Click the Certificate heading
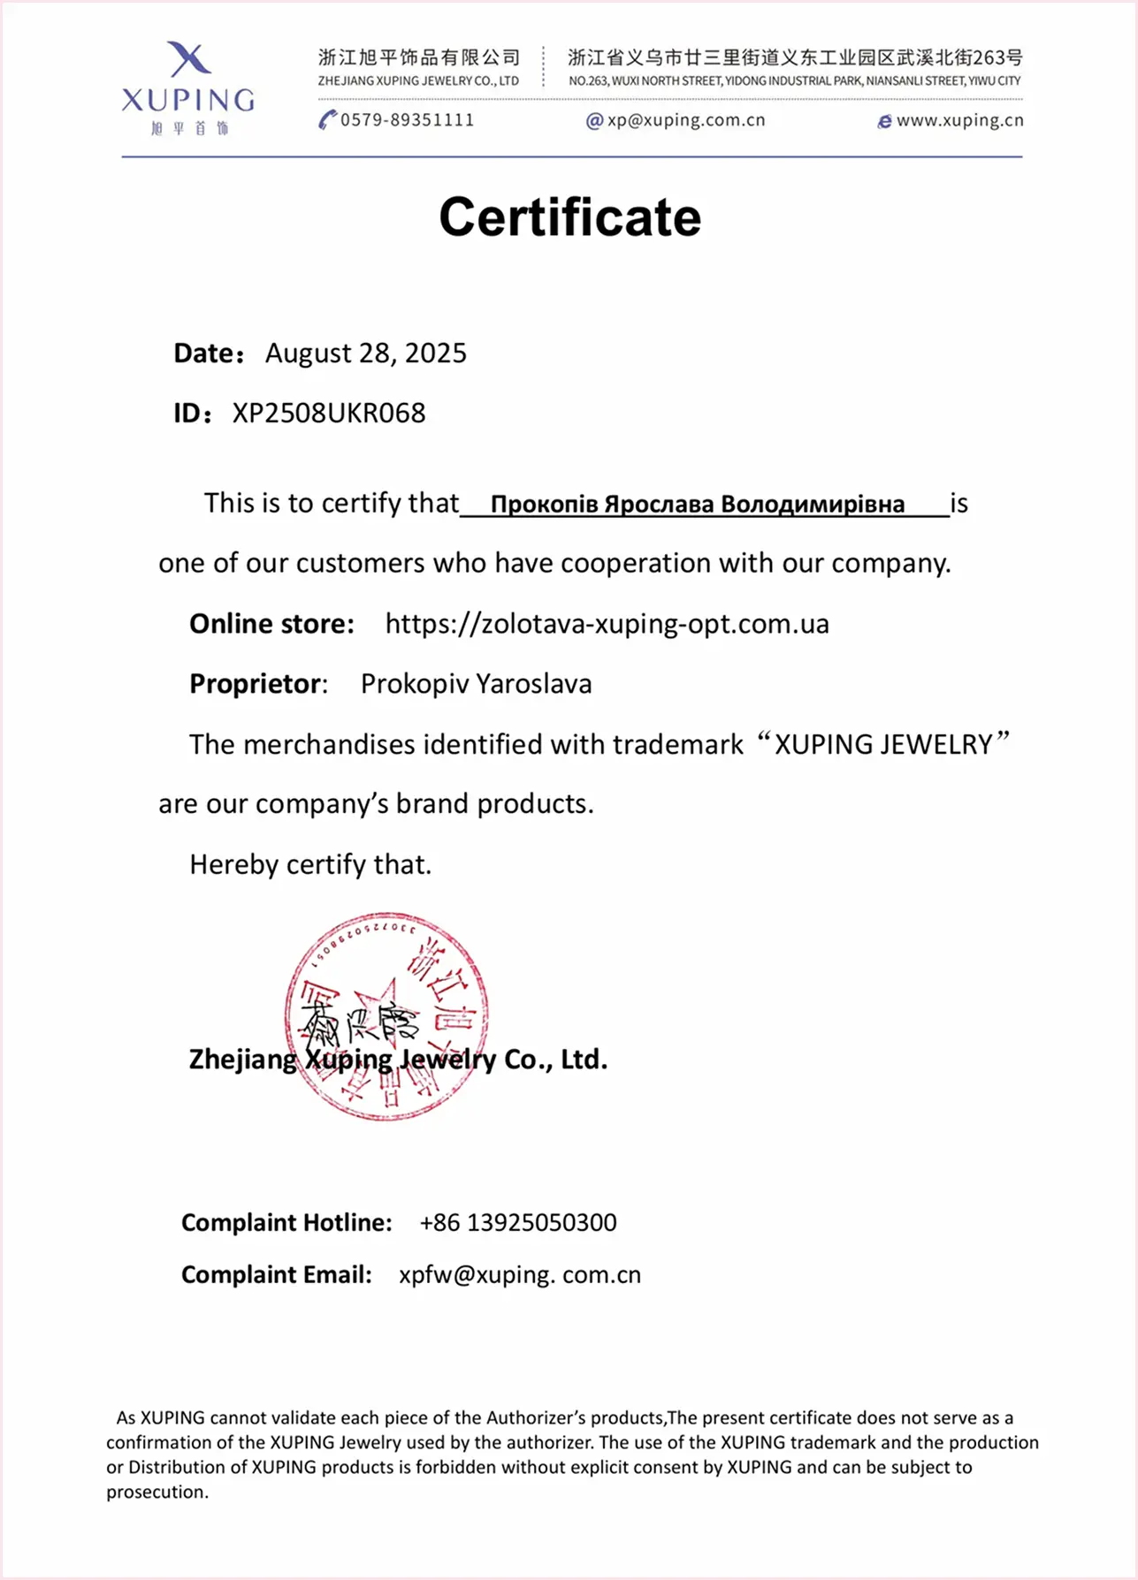(569, 217)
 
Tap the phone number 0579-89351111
(407, 120)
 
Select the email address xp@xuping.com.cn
(685, 120)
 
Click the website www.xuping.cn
(959, 120)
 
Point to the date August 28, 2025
(365, 353)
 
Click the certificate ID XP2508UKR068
(329, 413)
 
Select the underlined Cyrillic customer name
(697, 505)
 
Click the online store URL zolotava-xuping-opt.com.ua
(607, 624)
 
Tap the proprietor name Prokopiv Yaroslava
(476, 684)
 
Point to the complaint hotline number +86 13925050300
(517, 1222)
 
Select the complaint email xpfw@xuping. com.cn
(519, 1274)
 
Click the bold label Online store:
(271, 624)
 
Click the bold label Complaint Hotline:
(286, 1222)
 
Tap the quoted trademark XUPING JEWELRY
(883, 744)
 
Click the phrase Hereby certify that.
(310, 864)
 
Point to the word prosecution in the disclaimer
(157, 1492)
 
